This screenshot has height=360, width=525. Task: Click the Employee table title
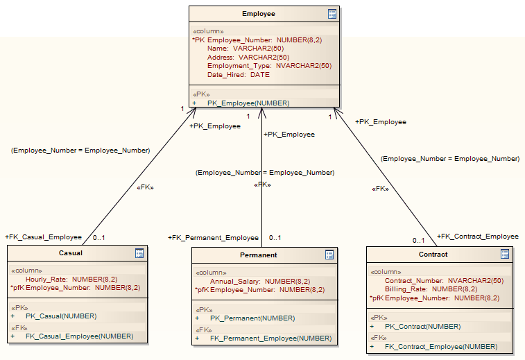point(258,14)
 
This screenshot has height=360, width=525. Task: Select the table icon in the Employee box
point(332,14)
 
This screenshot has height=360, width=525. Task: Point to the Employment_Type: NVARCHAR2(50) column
point(269,66)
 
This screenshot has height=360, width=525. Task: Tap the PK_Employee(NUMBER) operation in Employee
point(248,103)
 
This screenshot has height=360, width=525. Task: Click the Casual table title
point(71,253)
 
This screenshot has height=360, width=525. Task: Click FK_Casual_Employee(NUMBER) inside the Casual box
point(79,336)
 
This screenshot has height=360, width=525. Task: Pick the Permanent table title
point(259,255)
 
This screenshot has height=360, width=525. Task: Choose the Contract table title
point(433,255)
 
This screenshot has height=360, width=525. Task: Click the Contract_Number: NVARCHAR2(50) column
point(444,281)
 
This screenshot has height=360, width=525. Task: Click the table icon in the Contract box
point(505,255)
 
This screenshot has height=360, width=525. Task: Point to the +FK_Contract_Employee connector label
point(477,237)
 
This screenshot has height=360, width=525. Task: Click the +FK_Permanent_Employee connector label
point(213,238)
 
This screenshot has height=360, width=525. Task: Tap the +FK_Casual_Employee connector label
point(43,237)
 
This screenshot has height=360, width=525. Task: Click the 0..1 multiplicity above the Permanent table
point(275,238)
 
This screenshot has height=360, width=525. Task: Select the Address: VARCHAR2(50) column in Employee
point(248,57)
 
